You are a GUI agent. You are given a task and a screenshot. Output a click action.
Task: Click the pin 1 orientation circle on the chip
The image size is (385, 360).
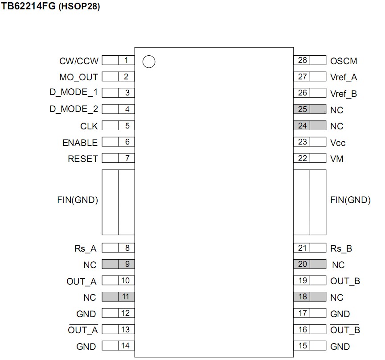coord(149,62)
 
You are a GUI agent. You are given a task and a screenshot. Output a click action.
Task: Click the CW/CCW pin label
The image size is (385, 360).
coord(78,61)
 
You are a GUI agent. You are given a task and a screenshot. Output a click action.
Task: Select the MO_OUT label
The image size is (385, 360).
coord(78,77)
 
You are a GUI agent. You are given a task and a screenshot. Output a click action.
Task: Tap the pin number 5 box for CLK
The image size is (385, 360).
coord(127,126)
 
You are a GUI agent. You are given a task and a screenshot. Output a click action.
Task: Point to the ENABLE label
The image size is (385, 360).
coord(80,143)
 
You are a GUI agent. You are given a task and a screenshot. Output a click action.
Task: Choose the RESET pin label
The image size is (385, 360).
coord(82,159)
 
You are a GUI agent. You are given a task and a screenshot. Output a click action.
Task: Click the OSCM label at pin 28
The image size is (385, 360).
coord(344,61)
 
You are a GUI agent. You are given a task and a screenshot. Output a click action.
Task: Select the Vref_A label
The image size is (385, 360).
coord(344,77)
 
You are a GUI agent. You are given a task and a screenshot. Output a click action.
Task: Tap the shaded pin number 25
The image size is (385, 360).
coord(303,109)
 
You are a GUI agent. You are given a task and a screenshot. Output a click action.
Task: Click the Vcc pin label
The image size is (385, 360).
coord(338,143)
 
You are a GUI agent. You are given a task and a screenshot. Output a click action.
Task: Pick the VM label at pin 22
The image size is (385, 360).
coord(337,159)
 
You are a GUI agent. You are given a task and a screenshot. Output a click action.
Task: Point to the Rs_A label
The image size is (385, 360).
coord(86,248)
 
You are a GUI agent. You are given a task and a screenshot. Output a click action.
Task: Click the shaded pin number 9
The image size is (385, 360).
coord(127,264)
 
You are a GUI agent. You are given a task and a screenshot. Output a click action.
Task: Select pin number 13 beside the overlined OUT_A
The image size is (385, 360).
coord(126,329)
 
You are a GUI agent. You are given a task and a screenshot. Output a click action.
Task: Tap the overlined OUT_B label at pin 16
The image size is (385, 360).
coord(345,330)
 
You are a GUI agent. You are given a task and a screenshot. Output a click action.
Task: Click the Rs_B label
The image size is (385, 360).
coord(341,248)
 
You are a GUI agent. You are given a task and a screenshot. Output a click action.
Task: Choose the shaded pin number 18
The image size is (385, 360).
coord(303,297)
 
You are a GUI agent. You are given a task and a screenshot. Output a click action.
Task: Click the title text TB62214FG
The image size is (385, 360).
coord(29,8)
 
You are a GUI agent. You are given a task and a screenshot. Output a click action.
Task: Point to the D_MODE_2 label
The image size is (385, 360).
coord(74,109)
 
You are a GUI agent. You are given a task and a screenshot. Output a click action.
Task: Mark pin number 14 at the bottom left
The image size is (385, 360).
coord(126,345)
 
